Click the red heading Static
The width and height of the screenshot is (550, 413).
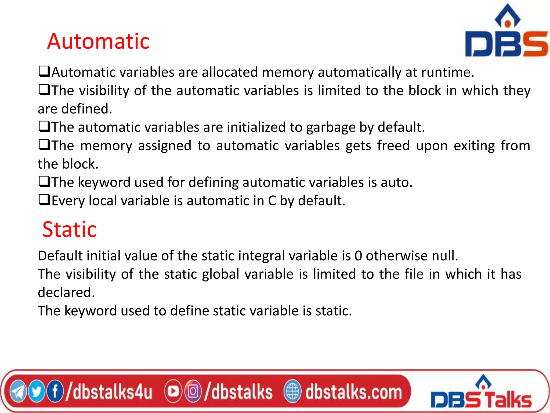(70, 229)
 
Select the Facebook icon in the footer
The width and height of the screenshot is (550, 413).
(55, 391)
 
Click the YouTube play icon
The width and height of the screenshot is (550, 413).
(173, 391)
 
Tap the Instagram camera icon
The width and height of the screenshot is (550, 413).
(193, 391)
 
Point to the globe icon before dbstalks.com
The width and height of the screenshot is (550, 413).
(292, 391)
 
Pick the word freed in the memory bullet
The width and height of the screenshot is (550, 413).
(393, 146)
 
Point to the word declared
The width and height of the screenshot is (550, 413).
(66, 292)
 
